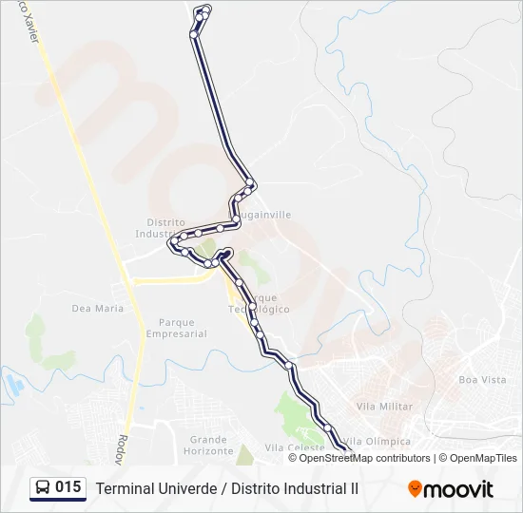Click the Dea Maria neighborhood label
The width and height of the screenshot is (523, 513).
coord(98,308)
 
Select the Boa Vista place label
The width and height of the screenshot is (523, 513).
coord(482,379)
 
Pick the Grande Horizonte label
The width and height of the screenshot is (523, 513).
coord(208,445)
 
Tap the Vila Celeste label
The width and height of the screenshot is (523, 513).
coord(289,447)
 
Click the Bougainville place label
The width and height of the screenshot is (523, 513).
coord(264,215)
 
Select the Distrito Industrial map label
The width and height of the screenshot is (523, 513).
coord(158,227)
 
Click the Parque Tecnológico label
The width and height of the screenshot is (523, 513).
coord(259,303)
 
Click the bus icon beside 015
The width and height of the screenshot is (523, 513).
coord(43,488)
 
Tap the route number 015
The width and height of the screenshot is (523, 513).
coord(68,487)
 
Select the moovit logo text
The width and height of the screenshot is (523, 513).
coord(458,489)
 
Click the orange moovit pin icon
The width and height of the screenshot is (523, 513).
coord(415,488)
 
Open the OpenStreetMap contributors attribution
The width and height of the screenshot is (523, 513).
coord(364,458)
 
